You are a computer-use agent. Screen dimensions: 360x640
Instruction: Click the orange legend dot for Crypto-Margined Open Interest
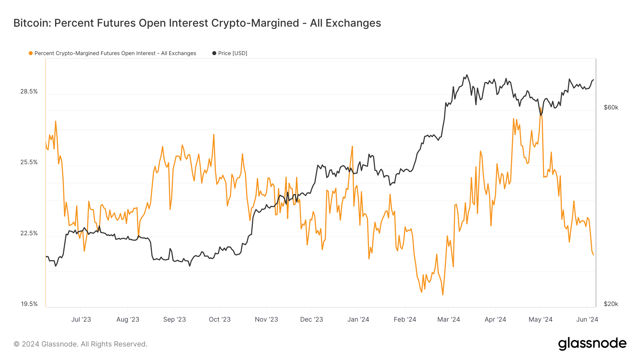click(31, 53)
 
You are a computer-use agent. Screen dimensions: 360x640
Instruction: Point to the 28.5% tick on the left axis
click(29, 92)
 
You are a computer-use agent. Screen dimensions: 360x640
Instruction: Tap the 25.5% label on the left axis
click(29, 162)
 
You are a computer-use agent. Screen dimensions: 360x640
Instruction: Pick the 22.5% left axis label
click(29, 233)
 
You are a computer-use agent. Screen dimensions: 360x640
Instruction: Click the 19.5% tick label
click(29, 304)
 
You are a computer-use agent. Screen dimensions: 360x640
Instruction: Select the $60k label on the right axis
click(611, 108)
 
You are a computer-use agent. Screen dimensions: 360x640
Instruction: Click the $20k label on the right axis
click(611, 304)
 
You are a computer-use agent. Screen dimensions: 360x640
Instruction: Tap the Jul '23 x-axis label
click(81, 319)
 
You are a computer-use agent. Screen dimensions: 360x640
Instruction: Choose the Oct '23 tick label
click(219, 319)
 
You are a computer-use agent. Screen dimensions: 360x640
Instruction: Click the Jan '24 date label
click(358, 319)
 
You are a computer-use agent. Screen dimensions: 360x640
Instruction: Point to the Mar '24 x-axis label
click(448, 319)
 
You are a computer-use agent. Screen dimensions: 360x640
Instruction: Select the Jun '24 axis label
click(587, 319)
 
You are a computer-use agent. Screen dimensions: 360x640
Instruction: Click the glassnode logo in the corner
click(592, 344)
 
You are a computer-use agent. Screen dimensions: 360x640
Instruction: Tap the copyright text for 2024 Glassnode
click(80, 344)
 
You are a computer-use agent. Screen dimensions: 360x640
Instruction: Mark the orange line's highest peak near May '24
click(541, 108)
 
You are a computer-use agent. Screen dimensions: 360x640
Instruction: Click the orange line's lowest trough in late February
click(443, 295)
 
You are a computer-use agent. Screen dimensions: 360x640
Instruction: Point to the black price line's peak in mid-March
click(467, 75)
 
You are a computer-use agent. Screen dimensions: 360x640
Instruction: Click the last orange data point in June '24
click(593, 254)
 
